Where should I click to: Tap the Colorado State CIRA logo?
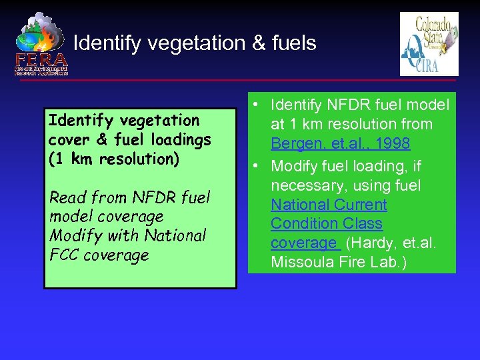[429, 44]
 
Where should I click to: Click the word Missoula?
[299, 262]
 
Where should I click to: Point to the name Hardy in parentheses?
[371, 243]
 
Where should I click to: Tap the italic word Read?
[67, 197]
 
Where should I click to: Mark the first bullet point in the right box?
[255, 105]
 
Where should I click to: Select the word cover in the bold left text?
[67, 140]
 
